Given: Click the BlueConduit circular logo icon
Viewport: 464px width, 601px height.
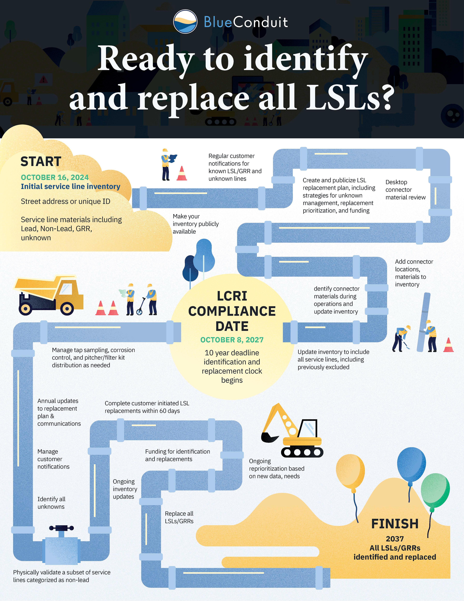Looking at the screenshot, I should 185,21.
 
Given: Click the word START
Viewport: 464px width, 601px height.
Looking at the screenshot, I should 41,162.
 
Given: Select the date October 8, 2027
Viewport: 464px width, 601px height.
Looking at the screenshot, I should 232,340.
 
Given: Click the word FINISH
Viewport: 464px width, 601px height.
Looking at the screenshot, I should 395,524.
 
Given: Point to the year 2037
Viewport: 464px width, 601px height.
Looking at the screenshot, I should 395,539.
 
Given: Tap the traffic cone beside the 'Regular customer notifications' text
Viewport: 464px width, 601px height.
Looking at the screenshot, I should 182,173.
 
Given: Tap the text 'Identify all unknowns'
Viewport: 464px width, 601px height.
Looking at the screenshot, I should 51,503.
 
